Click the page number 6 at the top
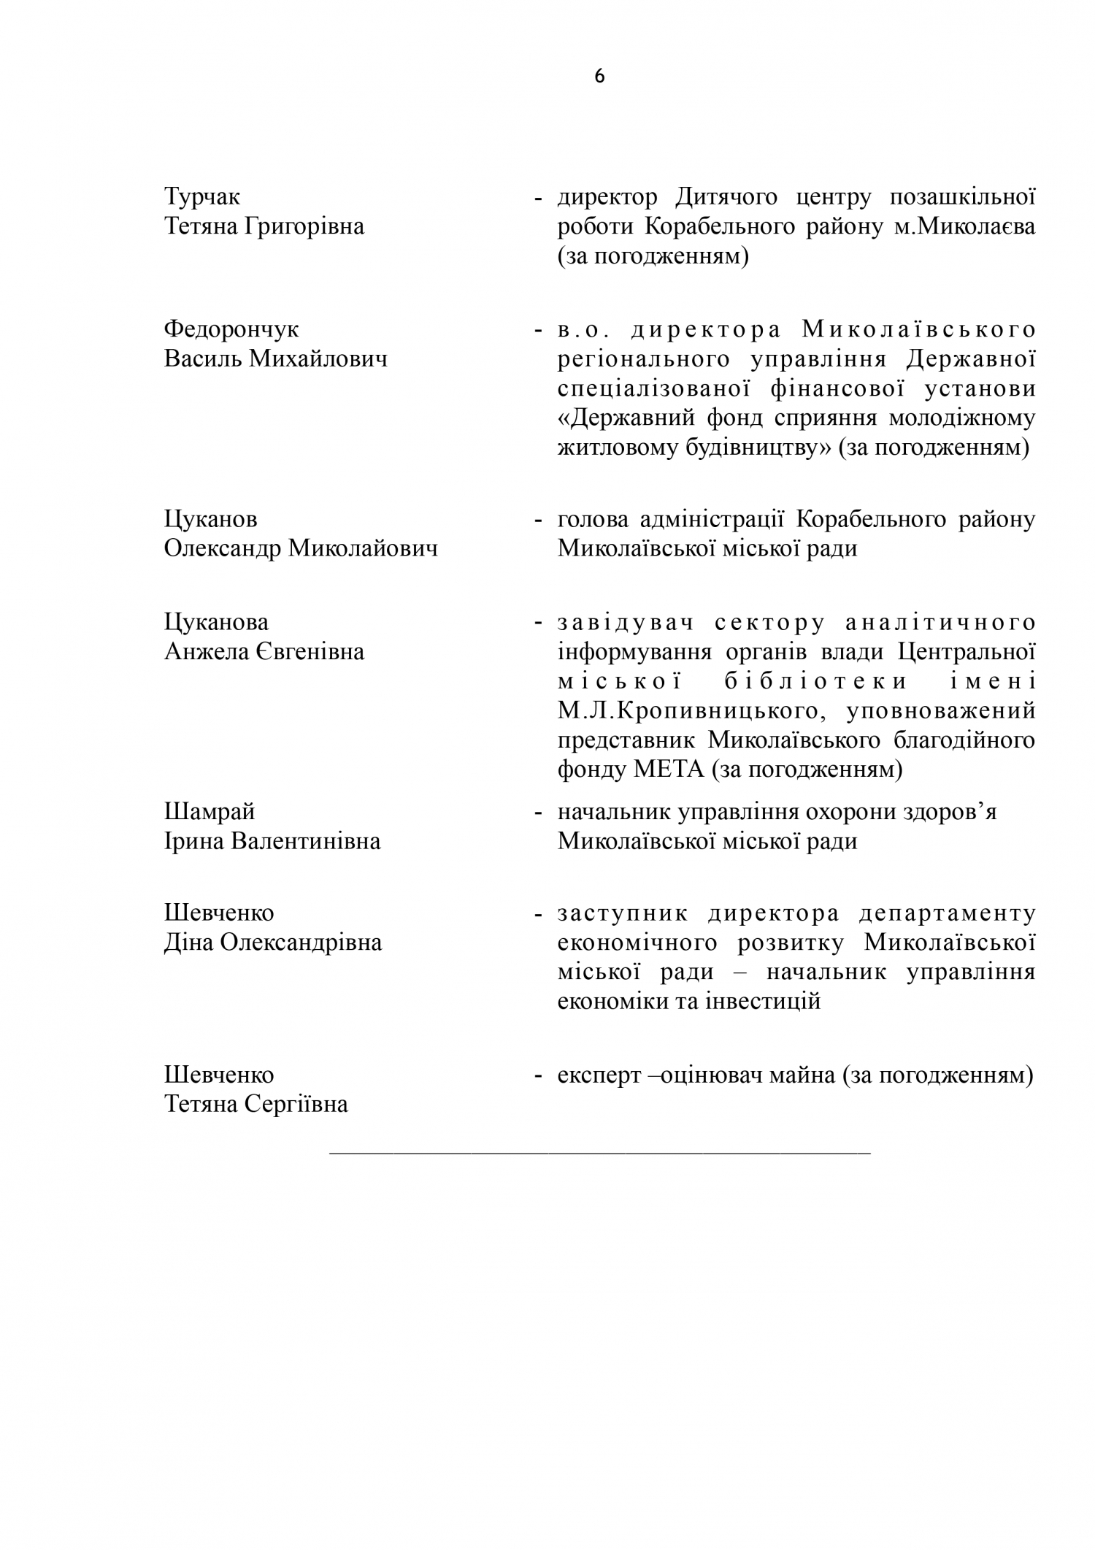[x=599, y=77]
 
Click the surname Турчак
[x=202, y=197]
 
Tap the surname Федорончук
[x=231, y=329]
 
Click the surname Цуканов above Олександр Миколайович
[x=210, y=520]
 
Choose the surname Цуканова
[x=216, y=622]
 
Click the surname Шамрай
[x=210, y=812]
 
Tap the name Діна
[x=189, y=943]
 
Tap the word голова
[x=593, y=520]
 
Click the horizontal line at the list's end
[x=600, y=1153]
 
